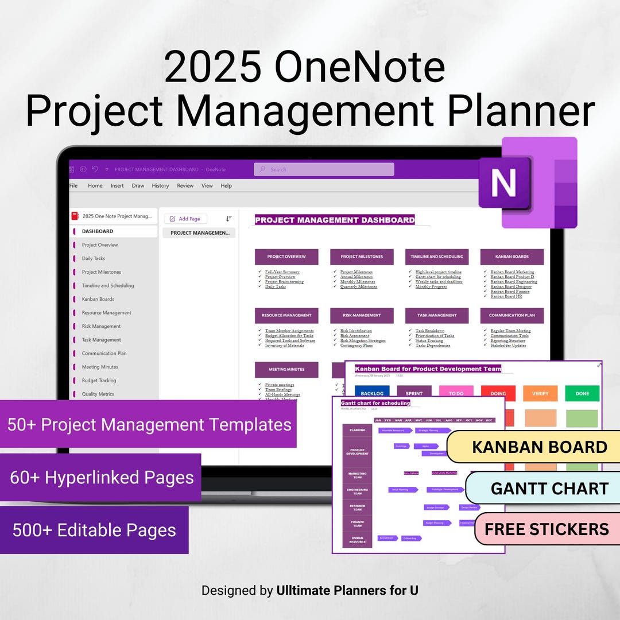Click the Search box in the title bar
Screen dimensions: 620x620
(324, 169)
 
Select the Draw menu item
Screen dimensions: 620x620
(138, 185)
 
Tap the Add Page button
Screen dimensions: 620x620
(185, 219)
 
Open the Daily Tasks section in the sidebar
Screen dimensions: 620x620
(94, 258)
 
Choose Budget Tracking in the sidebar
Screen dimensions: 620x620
(99, 381)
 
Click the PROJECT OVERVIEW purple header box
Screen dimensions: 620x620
(286, 257)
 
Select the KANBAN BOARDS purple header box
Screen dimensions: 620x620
(511, 257)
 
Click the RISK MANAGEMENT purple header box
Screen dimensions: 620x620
(362, 315)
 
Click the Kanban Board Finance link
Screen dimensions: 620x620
(510, 292)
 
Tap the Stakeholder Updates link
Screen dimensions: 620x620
(508, 346)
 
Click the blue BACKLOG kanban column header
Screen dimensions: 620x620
(372, 393)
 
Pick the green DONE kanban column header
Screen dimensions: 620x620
(582, 393)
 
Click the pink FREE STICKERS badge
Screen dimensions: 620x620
(546, 529)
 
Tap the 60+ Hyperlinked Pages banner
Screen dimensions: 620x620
(102, 477)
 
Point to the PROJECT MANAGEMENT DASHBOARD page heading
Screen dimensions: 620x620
(335, 220)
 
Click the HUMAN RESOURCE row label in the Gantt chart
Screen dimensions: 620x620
(357, 540)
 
